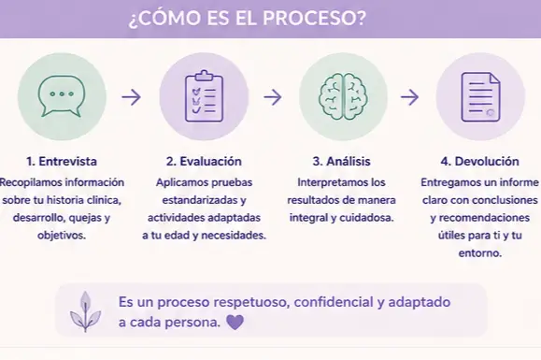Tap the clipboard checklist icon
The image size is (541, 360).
(204, 96)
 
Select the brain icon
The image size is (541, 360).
(343, 97)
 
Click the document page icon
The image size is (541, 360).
(480, 97)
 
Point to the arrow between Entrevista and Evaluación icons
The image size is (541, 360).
(132, 97)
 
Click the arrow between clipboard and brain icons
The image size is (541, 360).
(273, 97)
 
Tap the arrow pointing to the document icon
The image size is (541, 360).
(409, 97)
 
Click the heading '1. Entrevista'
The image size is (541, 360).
(62, 161)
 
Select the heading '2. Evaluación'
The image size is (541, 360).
(204, 161)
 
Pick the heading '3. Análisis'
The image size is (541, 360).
(342, 161)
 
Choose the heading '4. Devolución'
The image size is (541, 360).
(480, 161)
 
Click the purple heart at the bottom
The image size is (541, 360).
(235, 323)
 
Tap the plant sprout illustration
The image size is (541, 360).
(85, 311)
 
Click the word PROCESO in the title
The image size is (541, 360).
(314, 18)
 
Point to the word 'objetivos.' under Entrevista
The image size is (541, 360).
(62, 236)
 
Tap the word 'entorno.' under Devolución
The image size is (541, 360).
(480, 253)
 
